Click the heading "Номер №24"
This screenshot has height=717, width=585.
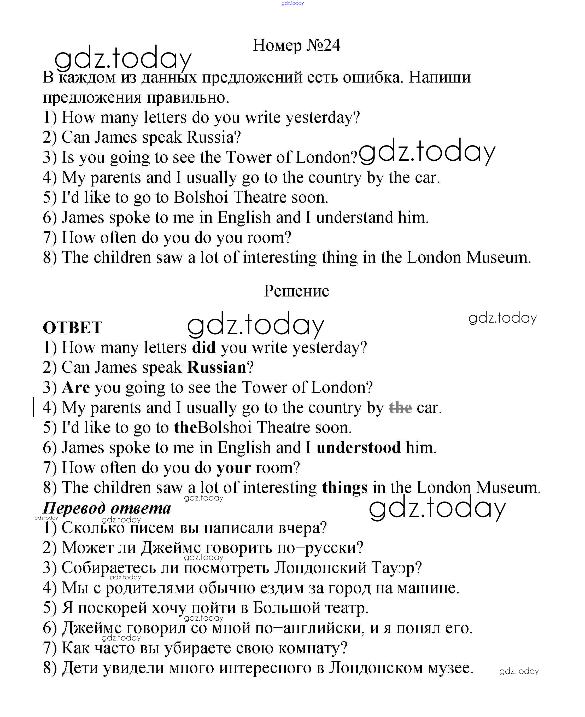tap(296, 45)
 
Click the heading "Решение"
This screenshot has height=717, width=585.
tap(296, 291)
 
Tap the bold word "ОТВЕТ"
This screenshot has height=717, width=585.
tap(72, 328)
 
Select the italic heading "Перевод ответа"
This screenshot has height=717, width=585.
tap(107, 508)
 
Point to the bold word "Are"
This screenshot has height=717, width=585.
tap(76, 388)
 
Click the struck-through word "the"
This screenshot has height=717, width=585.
tap(400, 408)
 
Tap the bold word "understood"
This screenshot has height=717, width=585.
tap(359, 448)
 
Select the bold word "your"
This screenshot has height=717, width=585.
tap(233, 468)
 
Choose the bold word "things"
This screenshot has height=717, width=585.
tap(344, 488)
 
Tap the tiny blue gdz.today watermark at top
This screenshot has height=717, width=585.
tap(292, 3)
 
